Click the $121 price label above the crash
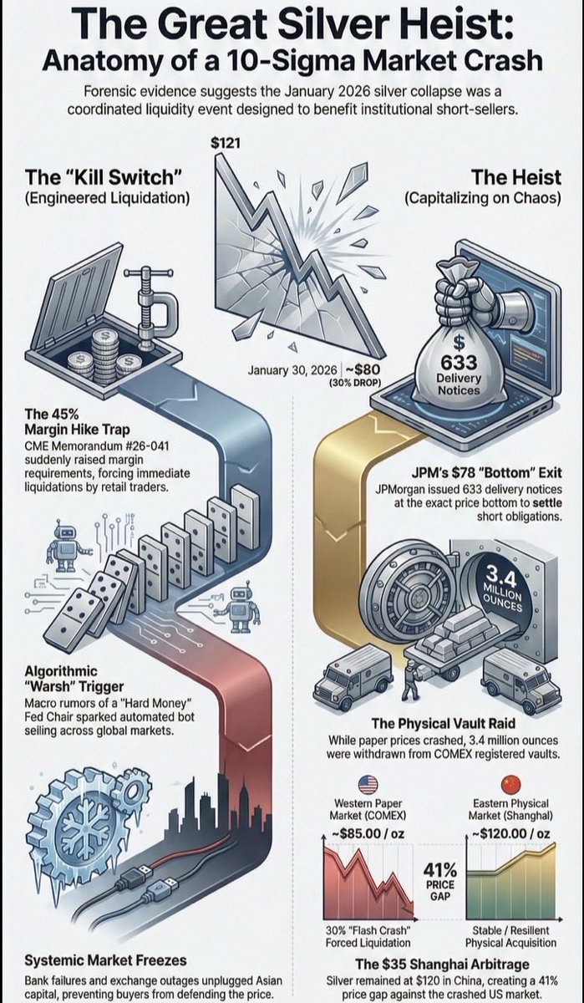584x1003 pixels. (226, 143)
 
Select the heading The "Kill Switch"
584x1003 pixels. (104, 177)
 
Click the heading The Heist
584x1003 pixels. (516, 177)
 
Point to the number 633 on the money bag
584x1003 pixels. (459, 363)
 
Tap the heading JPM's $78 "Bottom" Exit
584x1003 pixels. (486, 473)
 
